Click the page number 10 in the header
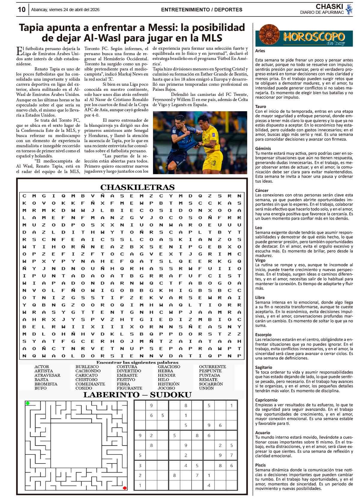pos(22,10)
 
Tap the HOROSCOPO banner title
pos(313,37)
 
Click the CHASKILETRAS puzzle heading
pos(137,187)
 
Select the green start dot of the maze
pos(28,403)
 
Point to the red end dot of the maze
pos(125,488)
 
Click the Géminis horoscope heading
pos(263,148)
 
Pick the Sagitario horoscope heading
pos(263,367)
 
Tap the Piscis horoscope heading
pos(260,465)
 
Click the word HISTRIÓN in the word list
pos(168,384)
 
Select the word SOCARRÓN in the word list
pos(211,384)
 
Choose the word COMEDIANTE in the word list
pos(90,384)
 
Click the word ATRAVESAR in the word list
pos(47,375)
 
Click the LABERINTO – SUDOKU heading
pos(137,395)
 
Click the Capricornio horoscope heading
pos(266,400)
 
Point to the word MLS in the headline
pos(210,38)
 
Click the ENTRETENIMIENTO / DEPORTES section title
pos(202,10)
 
